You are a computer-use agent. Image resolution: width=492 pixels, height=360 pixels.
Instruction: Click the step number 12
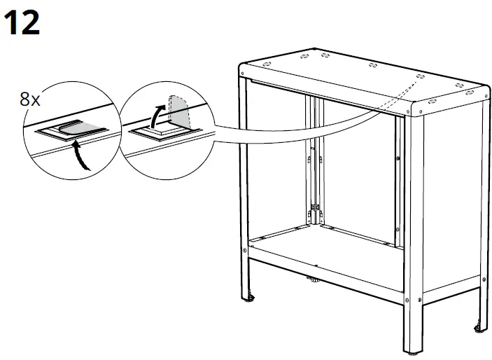click(x=22, y=22)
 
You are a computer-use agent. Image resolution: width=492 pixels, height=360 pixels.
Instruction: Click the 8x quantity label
click(x=30, y=99)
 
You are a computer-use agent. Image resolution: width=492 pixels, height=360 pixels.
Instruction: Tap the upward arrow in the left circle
click(x=80, y=156)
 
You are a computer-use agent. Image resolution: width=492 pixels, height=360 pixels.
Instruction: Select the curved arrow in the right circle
click(x=157, y=116)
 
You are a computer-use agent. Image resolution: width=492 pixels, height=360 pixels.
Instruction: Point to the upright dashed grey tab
click(x=179, y=111)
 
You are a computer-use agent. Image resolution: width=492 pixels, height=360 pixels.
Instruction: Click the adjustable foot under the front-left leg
click(x=250, y=298)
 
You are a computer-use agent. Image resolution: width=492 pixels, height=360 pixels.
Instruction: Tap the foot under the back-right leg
click(x=479, y=328)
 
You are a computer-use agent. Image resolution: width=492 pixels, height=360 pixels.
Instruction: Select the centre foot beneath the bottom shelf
click(x=313, y=279)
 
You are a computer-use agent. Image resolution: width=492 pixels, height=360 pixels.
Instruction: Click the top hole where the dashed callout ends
click(x=421, y=76)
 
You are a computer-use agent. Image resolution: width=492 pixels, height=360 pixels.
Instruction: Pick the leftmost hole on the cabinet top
click(x=267, y=64)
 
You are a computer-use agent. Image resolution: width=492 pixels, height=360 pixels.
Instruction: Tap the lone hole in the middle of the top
click(x=373, y=65)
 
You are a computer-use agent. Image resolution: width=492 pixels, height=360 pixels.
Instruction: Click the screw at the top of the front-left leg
click(x=242, y=74)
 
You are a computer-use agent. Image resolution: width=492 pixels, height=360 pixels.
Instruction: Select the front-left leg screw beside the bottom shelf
click(x=245, y=250)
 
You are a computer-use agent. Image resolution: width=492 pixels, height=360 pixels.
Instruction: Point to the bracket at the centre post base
click(x=315, y=207)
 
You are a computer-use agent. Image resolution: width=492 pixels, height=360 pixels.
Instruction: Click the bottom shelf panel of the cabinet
click(x=326, y=251)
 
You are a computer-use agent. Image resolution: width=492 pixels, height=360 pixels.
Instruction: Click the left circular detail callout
click(x=71, y=131)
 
